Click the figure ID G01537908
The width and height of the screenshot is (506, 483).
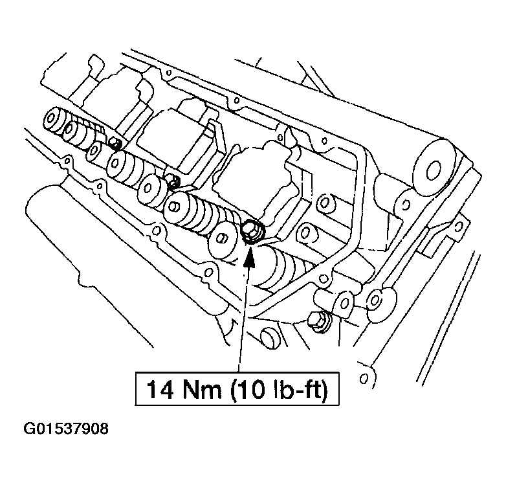tap(66, 429)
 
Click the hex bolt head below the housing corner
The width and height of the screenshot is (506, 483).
tap(318, 321)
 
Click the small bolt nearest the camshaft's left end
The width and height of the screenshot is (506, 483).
tap(114, 142)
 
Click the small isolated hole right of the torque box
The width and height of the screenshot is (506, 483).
tap(365, 376)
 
